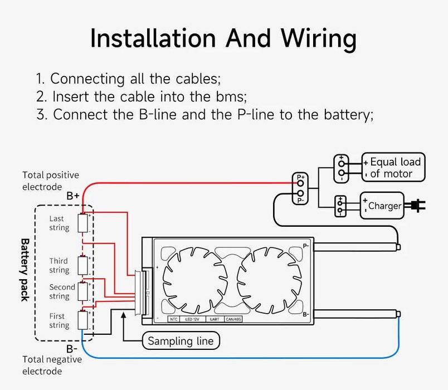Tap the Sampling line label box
tap(181, 340)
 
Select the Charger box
tap(382, 206)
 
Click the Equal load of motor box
tap(393, 168)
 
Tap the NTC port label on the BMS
tap(173, 319)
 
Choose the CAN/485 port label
tap(233, 319)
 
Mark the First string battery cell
tap(84, 320)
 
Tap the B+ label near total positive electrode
tap(72, 196)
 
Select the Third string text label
tap(59, 265)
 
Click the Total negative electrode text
tap(52, 365)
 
